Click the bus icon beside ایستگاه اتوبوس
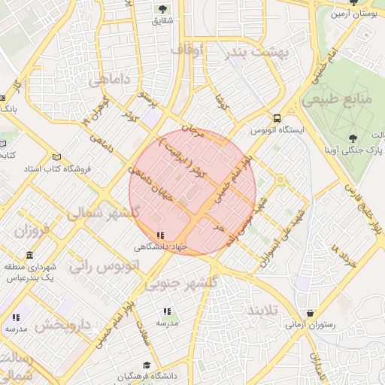[x=277, y=118]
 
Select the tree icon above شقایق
[x=162, y=9]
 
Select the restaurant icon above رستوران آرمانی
[x=310, y=313]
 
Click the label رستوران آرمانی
[x=310, y=326]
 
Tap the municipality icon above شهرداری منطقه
[x=29, y=255]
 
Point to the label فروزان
[x=31, y=229]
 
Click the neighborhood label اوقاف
[x=186, y=50]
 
